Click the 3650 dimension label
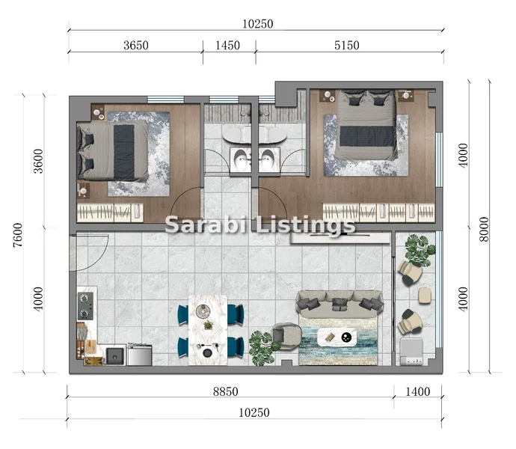coord(136,45)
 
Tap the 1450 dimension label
coord(227,45)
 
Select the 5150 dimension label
coord(346,45)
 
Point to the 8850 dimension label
coord(225,391)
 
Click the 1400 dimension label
coord(417,391)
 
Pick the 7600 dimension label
coord(18,235)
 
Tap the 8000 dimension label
coord(484,229)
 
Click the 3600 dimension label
coord(38,161)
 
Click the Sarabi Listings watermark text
coord(260,225)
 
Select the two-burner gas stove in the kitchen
coord(85,306)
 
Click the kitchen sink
coord(115,355)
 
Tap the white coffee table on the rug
coord(337,337)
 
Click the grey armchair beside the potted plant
coord(286,336)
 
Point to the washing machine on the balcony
coord(412,352)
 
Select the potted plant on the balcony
coord(419,249)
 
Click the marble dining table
coord(208,330)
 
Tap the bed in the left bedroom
coord(112,151)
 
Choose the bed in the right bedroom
coord(366,124)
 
